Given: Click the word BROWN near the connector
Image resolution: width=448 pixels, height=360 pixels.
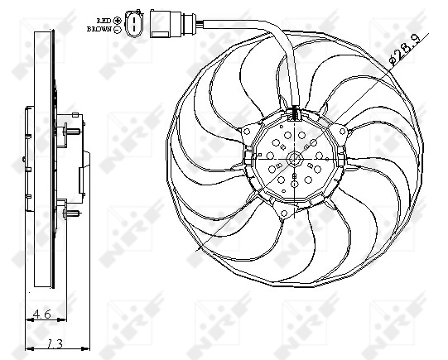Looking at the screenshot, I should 98,29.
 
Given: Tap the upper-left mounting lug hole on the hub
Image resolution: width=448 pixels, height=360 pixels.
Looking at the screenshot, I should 248,130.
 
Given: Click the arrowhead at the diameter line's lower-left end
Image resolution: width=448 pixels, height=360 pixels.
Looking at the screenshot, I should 201,249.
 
